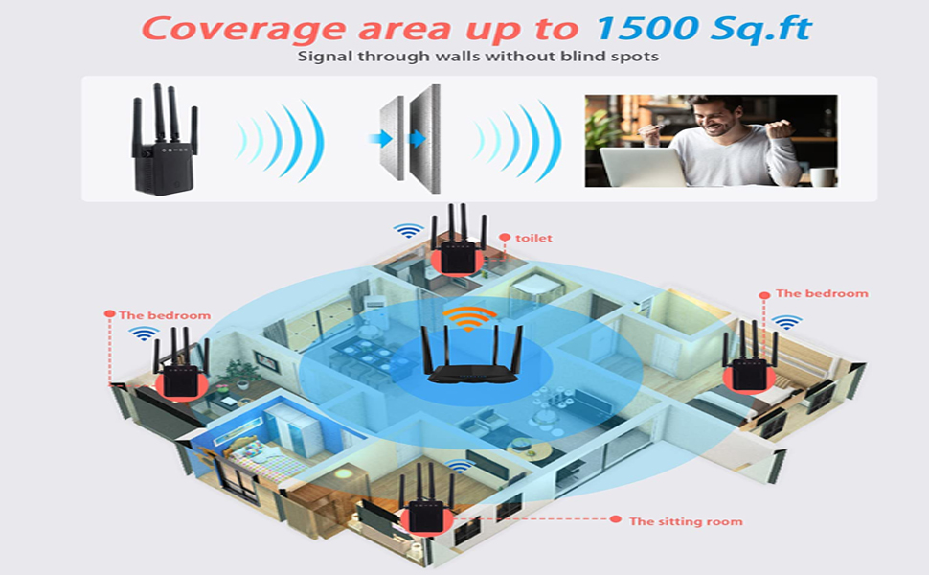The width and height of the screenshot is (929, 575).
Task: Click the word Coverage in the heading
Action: tap(226, 27)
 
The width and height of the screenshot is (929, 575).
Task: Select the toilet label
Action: tap(533, 238)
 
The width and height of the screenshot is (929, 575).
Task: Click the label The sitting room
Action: tap(685, 521)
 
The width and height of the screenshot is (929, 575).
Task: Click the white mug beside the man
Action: tap(822, 176)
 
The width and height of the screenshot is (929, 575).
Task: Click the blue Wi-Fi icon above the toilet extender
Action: tap(409, 231)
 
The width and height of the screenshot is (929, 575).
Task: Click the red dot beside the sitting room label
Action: tap(614, 519)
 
